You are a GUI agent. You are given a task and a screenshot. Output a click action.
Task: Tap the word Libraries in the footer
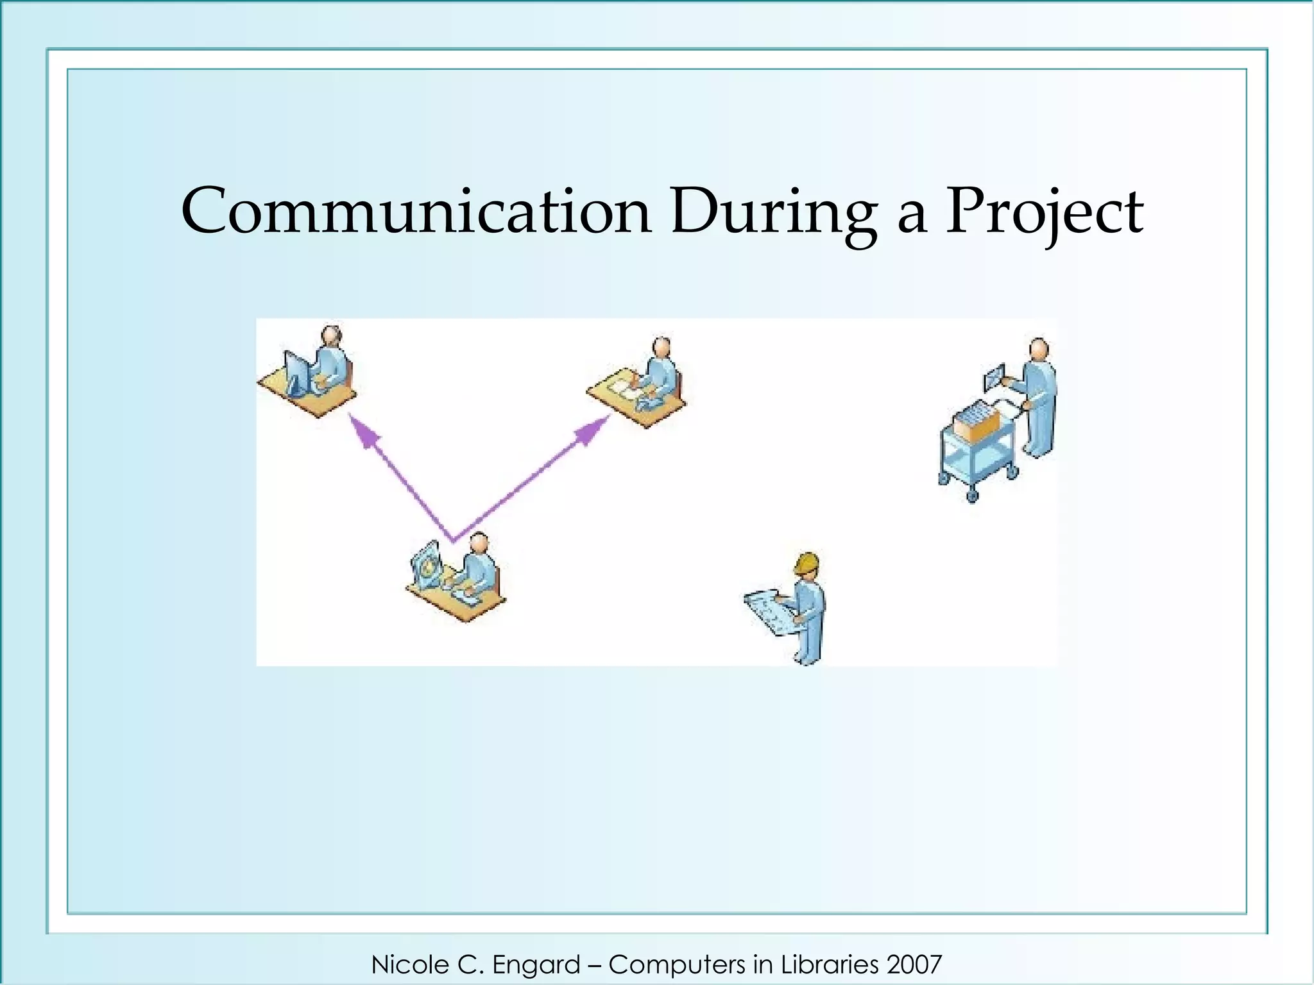pyautogui.click(x=830, y=964)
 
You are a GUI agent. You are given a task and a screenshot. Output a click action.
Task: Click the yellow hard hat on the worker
pyautogui.click(x=806, y=563)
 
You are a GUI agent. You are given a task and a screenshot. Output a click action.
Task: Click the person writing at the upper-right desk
pyautogui.click(x=661, y=372)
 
